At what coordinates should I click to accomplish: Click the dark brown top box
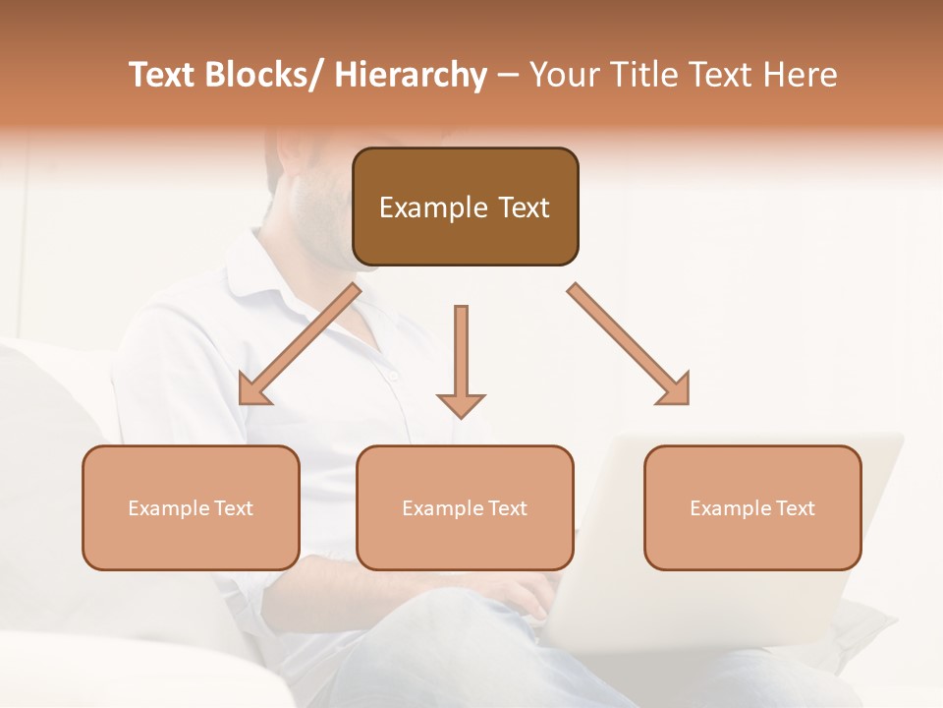pyautogui.click(x=465, y=206)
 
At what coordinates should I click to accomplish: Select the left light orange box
pyautogui.click(x=191, y=507)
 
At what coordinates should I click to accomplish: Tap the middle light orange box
pyautogui.click(x=465, y=507)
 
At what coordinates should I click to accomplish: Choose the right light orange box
pyautogui.click(x=752, y=507)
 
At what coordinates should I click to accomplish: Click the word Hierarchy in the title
pyautogui.click(x=411, y=75)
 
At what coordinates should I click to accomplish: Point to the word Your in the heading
pyautogui.click(x=564, y=75)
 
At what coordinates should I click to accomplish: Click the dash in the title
pyautogui.click(x=507, y=76)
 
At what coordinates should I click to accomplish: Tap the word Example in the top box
pyautogui.click(x=433, y=207)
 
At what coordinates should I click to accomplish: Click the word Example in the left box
pyautogui.click(x=168, y=508)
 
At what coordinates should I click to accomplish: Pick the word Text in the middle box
pyautogui.click(x=507, y=508)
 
